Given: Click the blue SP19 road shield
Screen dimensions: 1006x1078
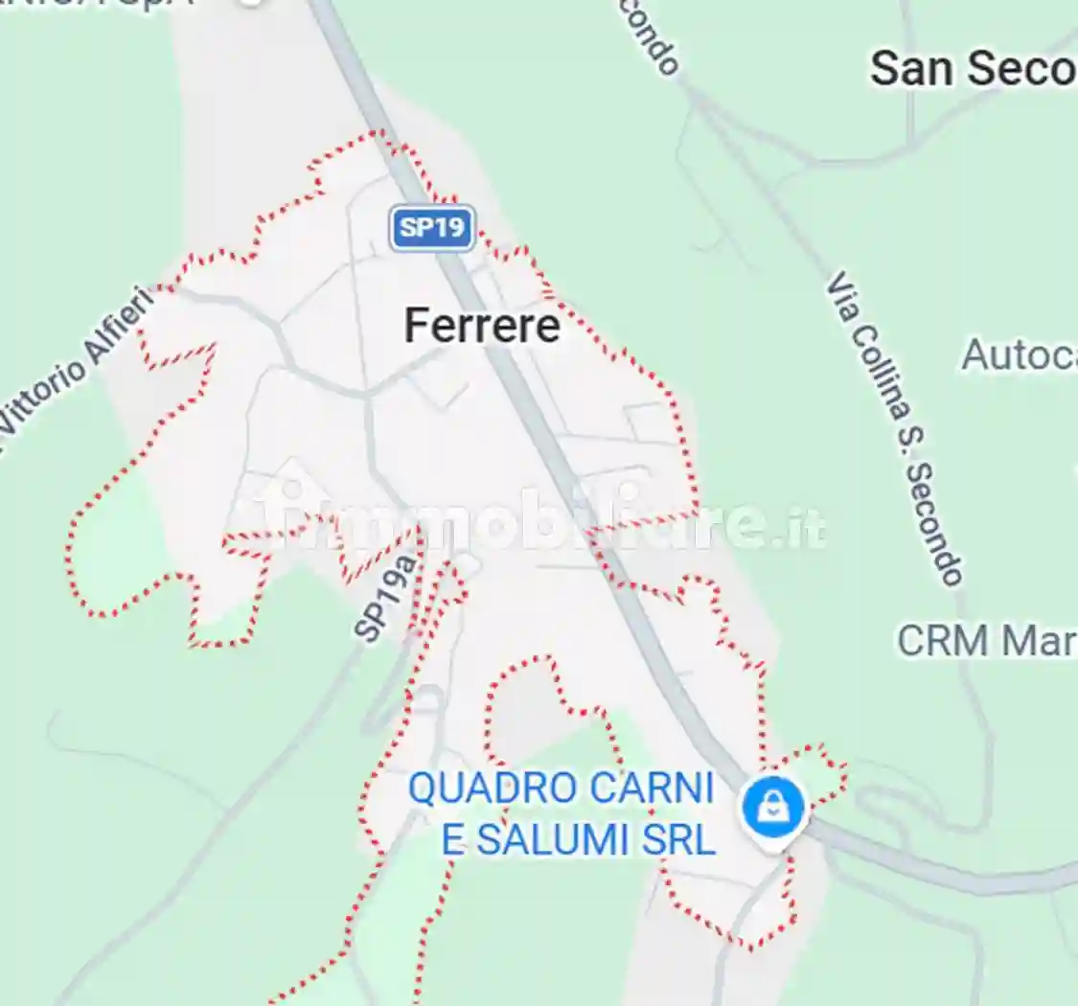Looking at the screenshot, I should coord(432,228).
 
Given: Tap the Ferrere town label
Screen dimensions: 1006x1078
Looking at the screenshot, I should coord(482,326).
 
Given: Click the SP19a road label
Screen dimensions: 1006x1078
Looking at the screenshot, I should coord(388,598).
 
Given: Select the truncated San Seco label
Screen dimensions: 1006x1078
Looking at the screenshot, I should coord(973,69).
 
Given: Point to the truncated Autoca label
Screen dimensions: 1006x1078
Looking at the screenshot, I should coord(1019,354).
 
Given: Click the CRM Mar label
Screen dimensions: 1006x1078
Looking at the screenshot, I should coord(987,641).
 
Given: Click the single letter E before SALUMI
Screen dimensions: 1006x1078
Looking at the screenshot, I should coord(452,840).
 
